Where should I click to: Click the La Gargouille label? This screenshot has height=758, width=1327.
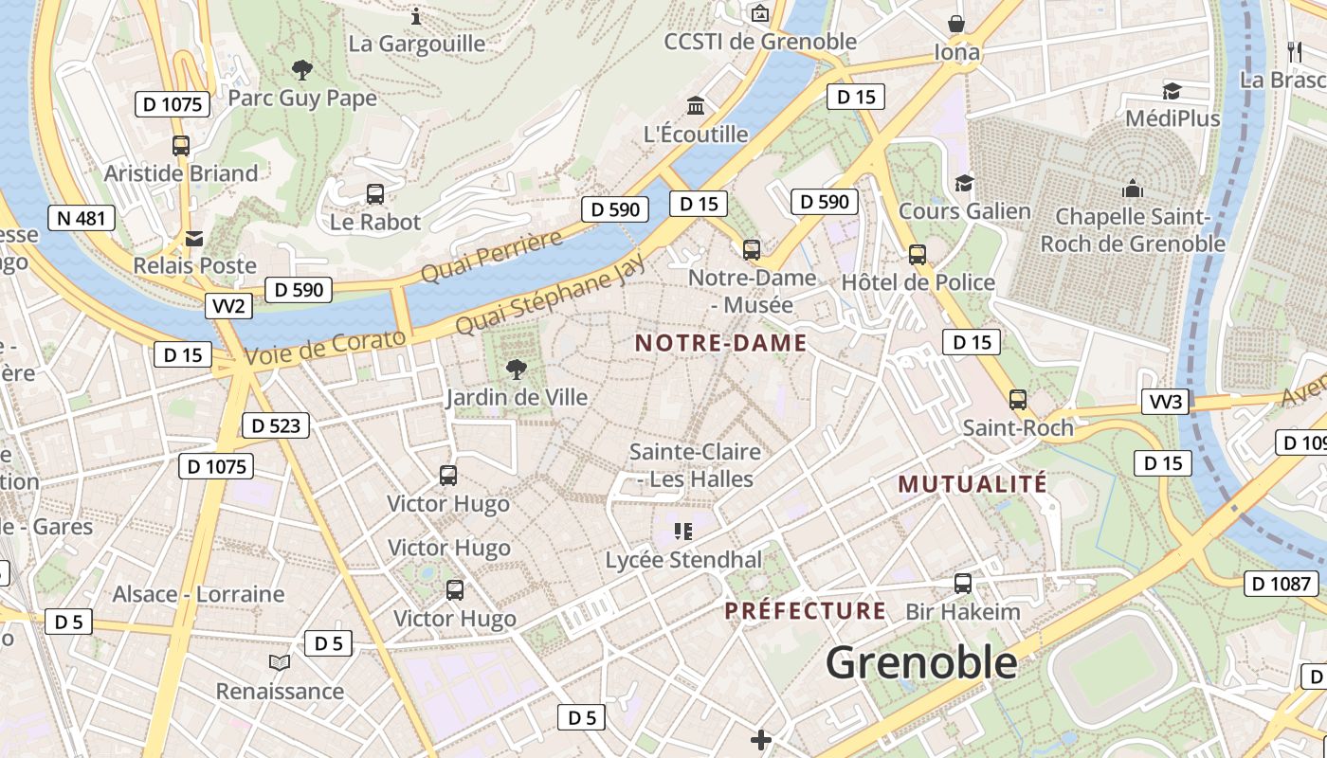pos(417,44)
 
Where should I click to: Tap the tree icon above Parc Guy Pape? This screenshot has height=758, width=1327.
pos(302,69)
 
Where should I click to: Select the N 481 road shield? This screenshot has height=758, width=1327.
pos(81,218)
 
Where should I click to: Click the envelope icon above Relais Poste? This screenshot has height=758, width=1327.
pos(194,238)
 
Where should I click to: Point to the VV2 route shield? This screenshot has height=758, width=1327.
pos(228,306)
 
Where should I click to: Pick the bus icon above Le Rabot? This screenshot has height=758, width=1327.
pos(375,194)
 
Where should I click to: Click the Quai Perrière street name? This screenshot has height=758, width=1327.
pos(491,256)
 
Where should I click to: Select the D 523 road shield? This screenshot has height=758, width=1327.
pos(277,425)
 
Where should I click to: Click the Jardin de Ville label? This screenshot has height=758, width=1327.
pos(517,397)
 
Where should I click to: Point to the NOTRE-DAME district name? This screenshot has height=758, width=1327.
pos(720,343)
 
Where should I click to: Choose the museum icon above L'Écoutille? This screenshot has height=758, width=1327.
pos(697,105)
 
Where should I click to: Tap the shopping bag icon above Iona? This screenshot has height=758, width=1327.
pos(956,24)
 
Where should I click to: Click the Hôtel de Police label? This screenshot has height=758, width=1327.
pos(918,282)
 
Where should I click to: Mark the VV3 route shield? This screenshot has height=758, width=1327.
pos(1165,402)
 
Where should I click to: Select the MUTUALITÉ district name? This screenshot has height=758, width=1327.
pos(973,484)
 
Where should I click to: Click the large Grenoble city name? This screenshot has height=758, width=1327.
pos(921,662)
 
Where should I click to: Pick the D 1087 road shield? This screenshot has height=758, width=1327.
pos(1282,584)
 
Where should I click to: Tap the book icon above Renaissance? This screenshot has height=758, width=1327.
pos(280,662)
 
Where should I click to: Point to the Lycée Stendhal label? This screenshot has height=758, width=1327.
pos(683,560)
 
